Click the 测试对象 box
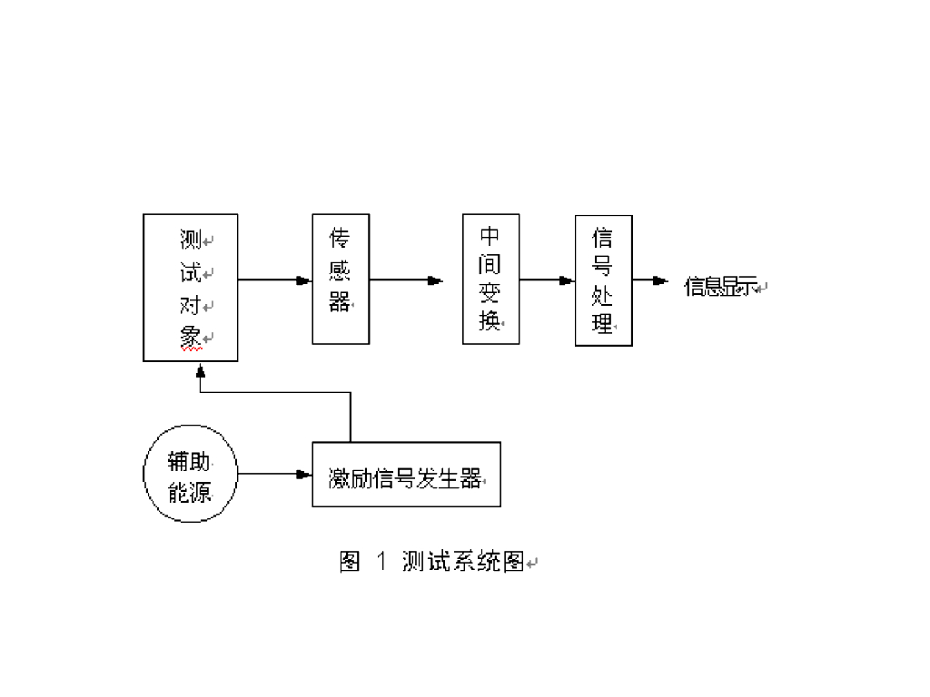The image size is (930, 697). click(x=191, y=287)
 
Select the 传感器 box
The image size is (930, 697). click(x=341, y=279)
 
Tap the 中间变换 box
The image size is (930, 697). click(x=490, y=279)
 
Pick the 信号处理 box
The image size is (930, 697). click(x=603, y=280)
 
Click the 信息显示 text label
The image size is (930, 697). click(x=719, y=287)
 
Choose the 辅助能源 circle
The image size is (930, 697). click(x=191, y=476)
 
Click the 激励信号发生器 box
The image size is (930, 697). click(x=406, y=475)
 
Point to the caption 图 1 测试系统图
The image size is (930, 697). click(x=433, y=562)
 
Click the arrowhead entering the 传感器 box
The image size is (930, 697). click(x=304, y=280)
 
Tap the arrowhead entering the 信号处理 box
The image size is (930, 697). click(x=568, y=280)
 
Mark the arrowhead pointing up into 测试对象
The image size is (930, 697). click(x=201, y=370)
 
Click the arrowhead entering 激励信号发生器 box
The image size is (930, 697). click(x=304, y=474)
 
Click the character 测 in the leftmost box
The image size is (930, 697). click(x=191, y=241)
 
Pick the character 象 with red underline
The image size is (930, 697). click(x=191, y=337)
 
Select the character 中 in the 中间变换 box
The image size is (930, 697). click(x=490, y=238)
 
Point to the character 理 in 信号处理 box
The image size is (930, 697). click(x=603, y=322)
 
